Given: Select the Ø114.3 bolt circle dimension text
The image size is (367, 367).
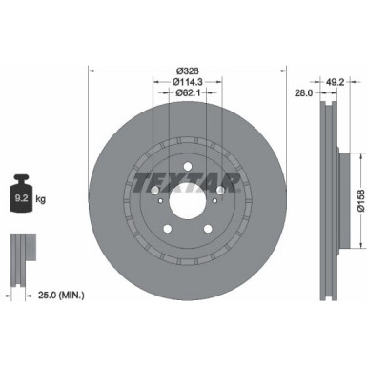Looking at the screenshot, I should point(187,83).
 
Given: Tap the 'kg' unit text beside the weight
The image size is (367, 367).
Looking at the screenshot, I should point(42,199).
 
